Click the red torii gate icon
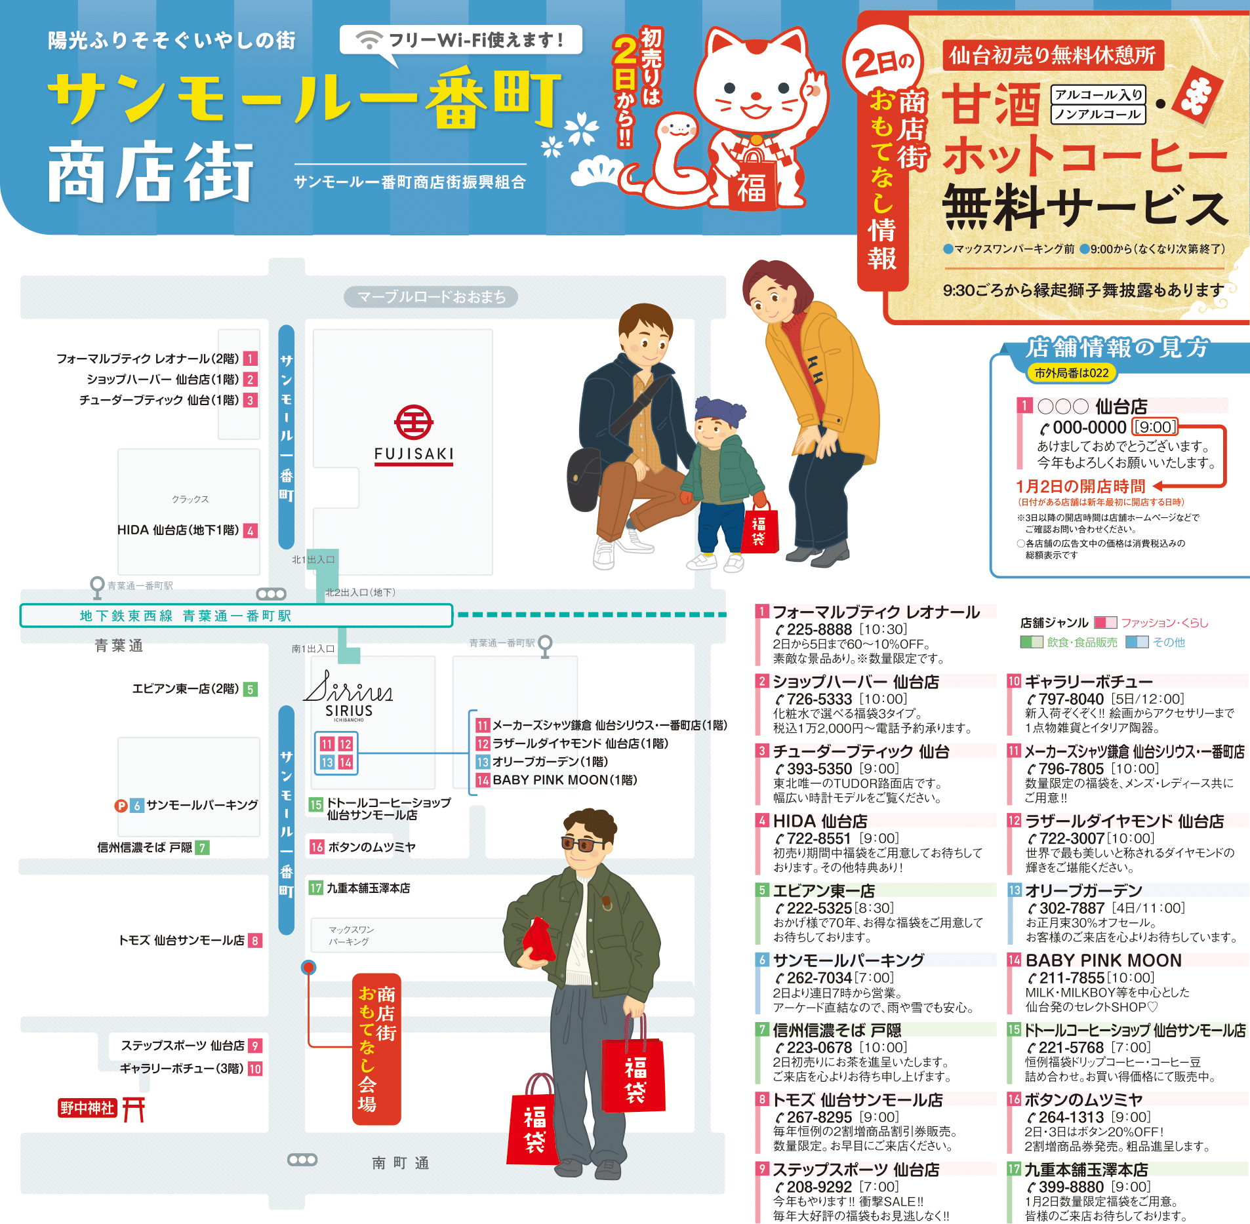(x=133, y=1109)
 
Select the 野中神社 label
(x=87, y=1108)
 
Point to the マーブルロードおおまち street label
(x=431, y=297)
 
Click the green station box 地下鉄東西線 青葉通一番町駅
(x=236, y=616)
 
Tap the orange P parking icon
(x=121, y=806)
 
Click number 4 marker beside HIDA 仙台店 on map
(x=250, y=530)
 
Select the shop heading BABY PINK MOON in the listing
(x=1103, y=960)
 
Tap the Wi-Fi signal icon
(x=369, y=40)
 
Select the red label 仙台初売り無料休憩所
(x=1053, y=56)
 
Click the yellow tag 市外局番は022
(x=1071, y=373)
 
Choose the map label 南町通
(x=400, y=1163)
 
